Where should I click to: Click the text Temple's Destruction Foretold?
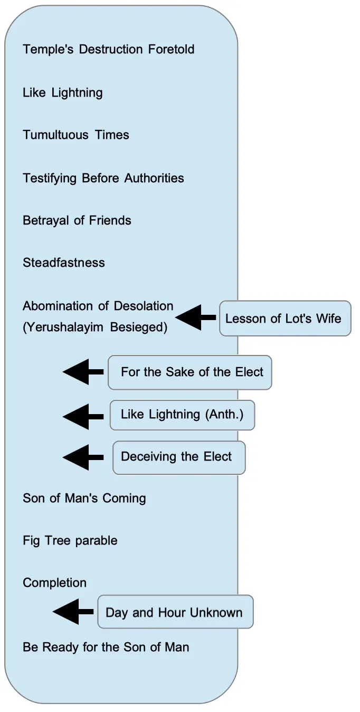tap(108, 50)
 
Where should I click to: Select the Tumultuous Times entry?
tap(75, 135)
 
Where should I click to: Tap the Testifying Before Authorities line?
tap(103, 178)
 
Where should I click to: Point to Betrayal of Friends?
tap(77, 220)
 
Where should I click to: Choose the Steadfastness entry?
tap(63, 263)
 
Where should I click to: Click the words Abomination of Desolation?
tap(98, 306)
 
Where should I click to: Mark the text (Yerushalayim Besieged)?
tap(94, 327)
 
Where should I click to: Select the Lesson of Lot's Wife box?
tap(285, 318)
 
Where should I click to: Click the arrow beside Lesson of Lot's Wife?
tap(195, 317)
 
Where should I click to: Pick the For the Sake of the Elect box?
tap(190, 372)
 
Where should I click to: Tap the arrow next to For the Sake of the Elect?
tap(82, 372)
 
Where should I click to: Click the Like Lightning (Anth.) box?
tap(182, 415)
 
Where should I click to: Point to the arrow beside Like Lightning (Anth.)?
tap(82, 416)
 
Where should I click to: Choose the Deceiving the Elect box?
tap(178, 457)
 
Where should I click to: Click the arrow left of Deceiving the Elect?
tap(82, 457)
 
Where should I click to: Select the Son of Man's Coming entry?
tap(84, 498)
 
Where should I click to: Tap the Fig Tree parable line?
tap(70, 541)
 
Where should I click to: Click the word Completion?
tap(54, 583)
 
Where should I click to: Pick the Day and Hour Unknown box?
tap(175, 613)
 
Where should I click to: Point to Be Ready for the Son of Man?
tap(106, 647)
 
